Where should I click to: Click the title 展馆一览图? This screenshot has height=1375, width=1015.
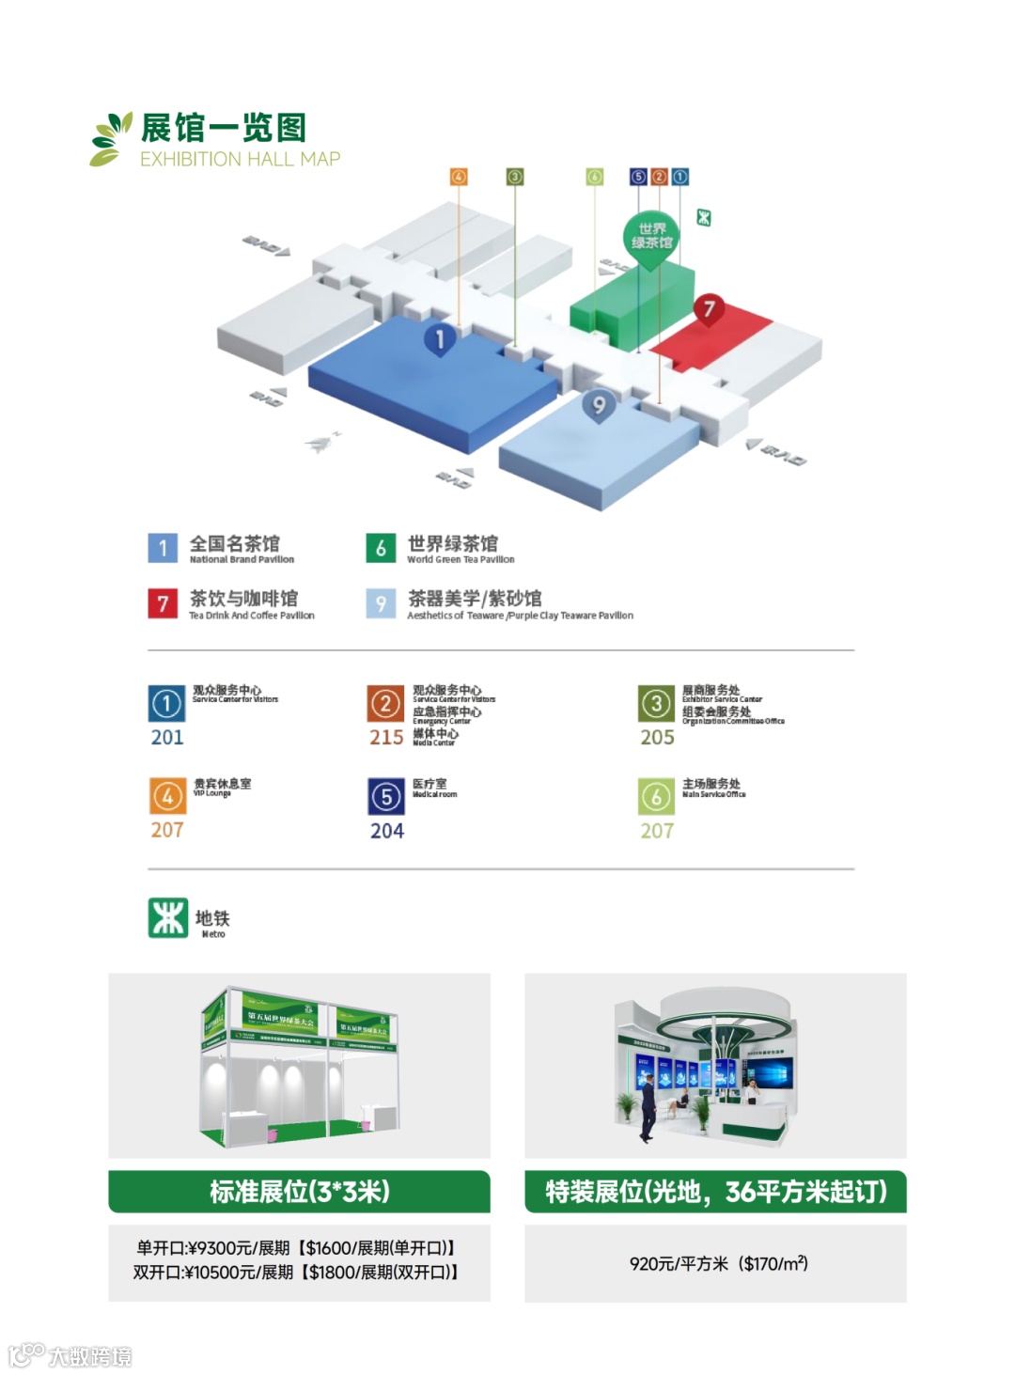point(224,128)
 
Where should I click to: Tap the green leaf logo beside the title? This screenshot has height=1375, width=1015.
point(111,139)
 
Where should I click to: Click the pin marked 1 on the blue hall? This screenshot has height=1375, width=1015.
point(439,338)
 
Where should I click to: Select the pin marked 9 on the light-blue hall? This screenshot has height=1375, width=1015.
point(599,406)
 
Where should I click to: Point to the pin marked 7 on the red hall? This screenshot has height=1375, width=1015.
point(710,308)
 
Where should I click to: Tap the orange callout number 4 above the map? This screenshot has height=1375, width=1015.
point(459,177)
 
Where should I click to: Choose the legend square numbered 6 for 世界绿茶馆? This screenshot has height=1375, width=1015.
point(381,548)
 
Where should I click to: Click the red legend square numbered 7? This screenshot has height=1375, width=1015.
point(163,602)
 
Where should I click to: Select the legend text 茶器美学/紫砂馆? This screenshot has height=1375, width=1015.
point(475,599)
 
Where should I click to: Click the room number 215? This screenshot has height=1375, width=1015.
point(386,738)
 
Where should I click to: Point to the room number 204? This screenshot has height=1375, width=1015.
point(387,831)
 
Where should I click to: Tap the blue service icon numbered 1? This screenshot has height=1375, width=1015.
point(166,703)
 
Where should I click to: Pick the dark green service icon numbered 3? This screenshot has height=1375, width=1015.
point(656,703)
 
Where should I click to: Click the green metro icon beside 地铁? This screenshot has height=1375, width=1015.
point(168,918)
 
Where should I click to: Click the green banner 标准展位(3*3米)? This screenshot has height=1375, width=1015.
point(299,1192)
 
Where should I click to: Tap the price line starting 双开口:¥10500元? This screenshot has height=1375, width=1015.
point(296,1273)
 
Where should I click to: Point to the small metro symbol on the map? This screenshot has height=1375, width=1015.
point(703,218)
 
